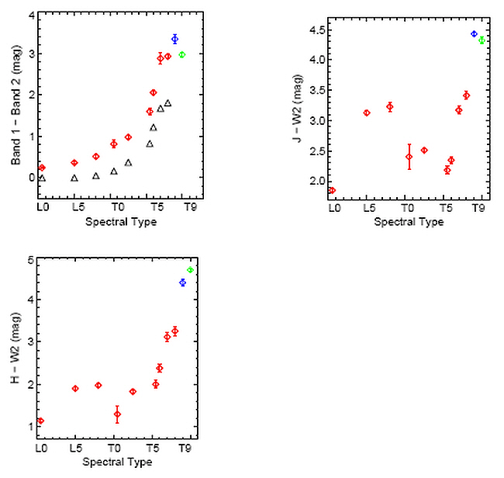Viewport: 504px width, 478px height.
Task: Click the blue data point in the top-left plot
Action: tap(174, 39)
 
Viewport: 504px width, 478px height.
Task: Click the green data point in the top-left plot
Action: tap(182, 54)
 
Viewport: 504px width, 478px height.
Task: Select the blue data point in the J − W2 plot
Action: tap(474, 34)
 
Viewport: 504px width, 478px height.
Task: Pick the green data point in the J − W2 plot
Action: tap(482, 40)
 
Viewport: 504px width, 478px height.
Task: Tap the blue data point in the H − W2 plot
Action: tap(182, 282)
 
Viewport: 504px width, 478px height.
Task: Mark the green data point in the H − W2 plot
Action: tap(190, 269)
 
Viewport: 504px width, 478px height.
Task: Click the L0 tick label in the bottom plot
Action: tap(41, 449)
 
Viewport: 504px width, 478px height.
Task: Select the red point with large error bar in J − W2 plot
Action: tap(409, 157)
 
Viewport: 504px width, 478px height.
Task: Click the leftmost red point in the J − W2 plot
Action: tap(332, 190)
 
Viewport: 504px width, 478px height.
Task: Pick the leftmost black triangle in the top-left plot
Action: tap(42, 178)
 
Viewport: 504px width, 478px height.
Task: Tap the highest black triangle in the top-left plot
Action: tap(167, 102)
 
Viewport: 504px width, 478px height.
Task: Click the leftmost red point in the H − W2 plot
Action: tap(41, 421)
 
